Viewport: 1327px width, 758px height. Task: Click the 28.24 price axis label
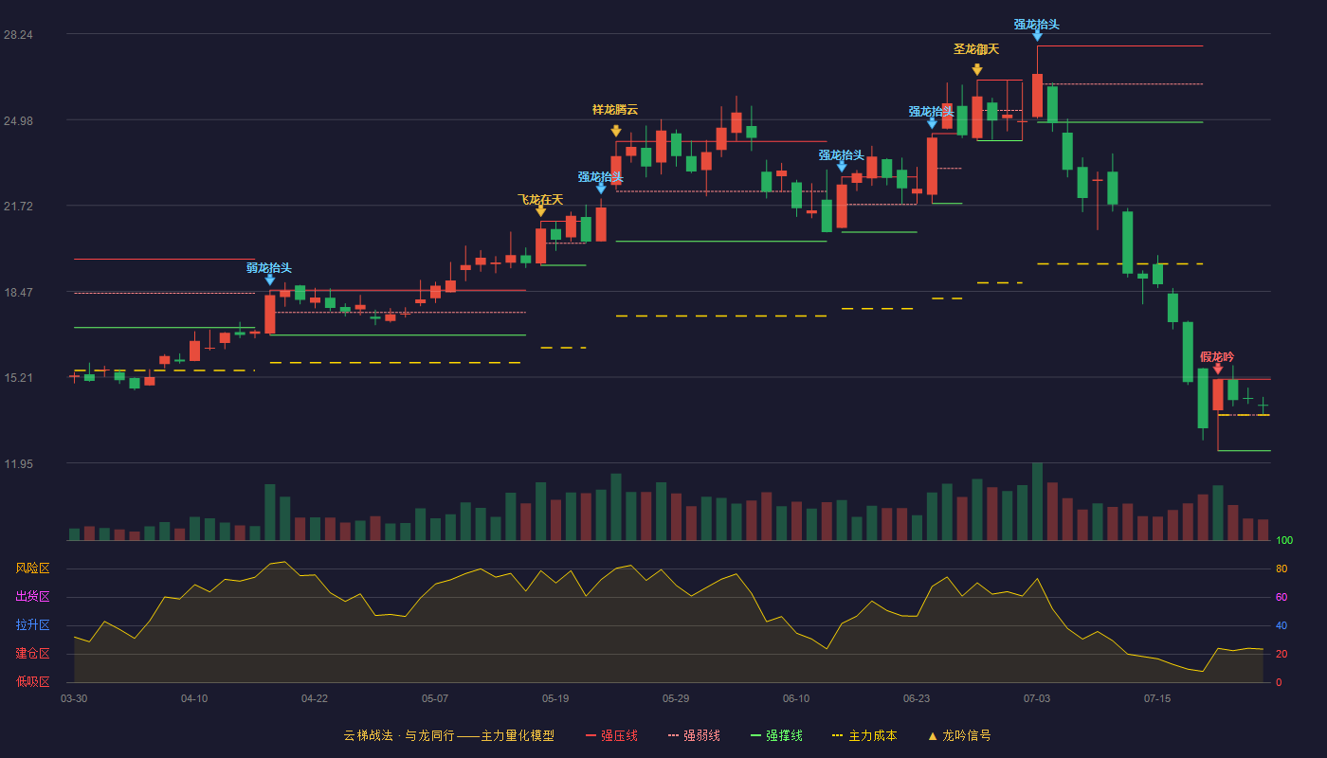[x=18, y=35]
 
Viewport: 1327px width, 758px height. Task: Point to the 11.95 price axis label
[x=18, y=463]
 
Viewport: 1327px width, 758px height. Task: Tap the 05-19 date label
[x=555, y=699]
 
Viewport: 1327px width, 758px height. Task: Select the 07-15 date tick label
[x=1157, y=699]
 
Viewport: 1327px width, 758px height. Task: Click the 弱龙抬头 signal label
[x=269, y=267]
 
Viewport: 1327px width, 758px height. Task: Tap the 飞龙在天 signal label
[x=540, y=200]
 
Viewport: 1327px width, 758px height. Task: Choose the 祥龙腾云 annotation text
[x=615, y=110]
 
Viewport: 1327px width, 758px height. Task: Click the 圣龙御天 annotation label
[x=976, y=49]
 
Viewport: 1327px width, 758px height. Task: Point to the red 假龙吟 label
[x=1217, y=356]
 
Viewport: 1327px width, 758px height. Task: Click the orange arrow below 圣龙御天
[x=977, y=70]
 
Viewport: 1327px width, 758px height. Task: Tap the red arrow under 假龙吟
[x=1217, y=369]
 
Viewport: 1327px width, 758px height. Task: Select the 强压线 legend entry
[x=611, y=735]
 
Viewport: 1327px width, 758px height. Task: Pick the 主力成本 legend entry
[x=864, y=735]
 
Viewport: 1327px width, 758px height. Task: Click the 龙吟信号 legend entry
[x=959, y=735]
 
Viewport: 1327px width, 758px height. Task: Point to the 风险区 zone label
[x=32, y=568]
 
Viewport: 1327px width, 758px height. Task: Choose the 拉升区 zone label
[x=32, y=624]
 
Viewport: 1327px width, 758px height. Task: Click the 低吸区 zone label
[x=32, y=681]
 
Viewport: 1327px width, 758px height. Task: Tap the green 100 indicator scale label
[x=1284, y=540]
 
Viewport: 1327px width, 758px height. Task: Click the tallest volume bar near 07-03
[x=1037, y=501]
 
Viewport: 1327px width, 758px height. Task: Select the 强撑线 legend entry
[x=776, y=735]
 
